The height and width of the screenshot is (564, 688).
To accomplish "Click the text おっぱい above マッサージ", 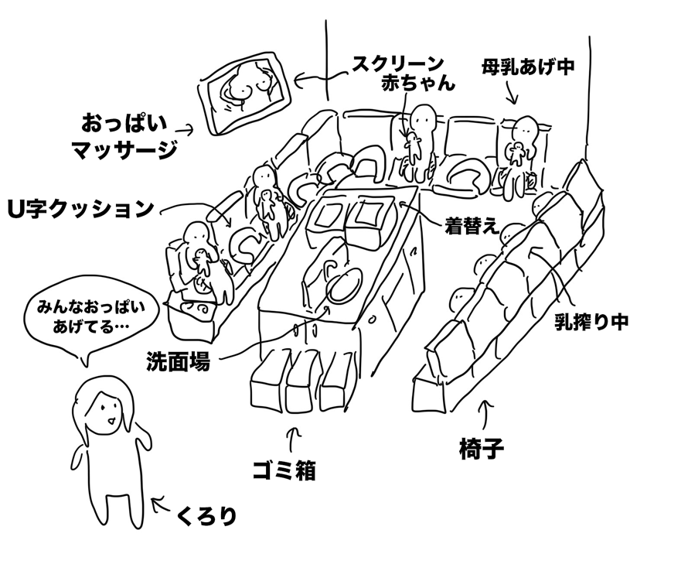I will [x=123, y=123].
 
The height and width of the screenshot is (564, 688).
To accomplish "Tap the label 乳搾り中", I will [x=591, y=323].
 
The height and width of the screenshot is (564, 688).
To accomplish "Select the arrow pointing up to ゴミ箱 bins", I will [x=294, y=439].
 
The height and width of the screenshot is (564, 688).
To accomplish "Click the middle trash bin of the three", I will [x=302, y=391].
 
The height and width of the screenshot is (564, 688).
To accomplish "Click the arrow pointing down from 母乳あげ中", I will [x=512, y=94].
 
